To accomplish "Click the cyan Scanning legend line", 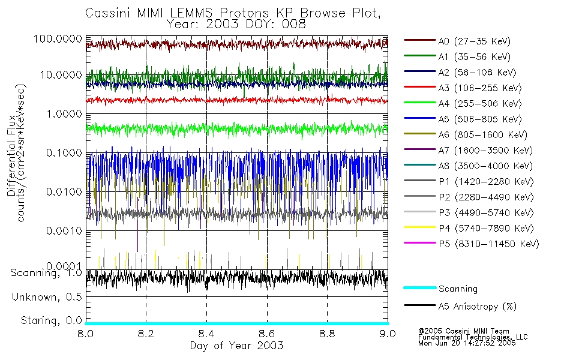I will pyautogui.click(x=419, y=289).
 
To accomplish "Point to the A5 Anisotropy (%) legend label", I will pyautogui.click(x=477, y=307).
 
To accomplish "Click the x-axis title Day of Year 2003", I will pyautogui.click(x=236, y=346).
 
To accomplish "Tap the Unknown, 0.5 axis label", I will pyautogui.click(x=47, y=297).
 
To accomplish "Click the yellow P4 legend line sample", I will pyautogui.click(x=419, y=228).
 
